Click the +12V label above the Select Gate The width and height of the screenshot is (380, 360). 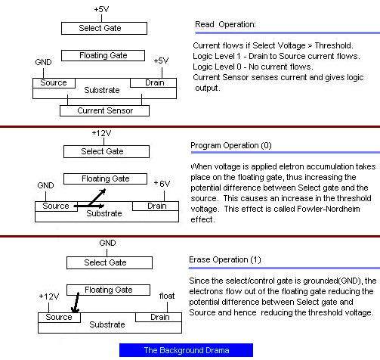click(101, 133)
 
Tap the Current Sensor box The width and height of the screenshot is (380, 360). click(104, 110)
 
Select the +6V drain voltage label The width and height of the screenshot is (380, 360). click(162, 184)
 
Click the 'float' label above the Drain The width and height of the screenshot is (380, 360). click(167, 296)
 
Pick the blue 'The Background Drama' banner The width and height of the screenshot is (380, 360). click(186, 350)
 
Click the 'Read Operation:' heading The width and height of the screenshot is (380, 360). click(225, 24)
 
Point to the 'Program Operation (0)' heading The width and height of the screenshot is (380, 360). click(231, 145)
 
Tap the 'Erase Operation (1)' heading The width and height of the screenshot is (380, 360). click(225, 259)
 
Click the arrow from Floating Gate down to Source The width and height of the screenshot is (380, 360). click(76, 303)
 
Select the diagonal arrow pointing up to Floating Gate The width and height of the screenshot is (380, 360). click(97, 197)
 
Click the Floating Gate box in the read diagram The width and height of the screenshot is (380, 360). click(103, 55)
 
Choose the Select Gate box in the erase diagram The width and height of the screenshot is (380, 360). click(110, 262)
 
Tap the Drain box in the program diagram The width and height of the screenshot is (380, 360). click(156, 206)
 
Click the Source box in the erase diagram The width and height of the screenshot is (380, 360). click(59, 318)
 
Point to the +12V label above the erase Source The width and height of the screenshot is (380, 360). click(49, 296)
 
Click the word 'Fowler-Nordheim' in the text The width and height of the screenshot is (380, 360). click(329, 209)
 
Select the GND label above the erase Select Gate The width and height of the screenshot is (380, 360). click(107, 243)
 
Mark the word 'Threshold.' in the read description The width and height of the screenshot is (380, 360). click(334, 45)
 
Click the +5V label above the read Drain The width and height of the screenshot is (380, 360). click(161, 61)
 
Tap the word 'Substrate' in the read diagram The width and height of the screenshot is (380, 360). click(102, 90)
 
